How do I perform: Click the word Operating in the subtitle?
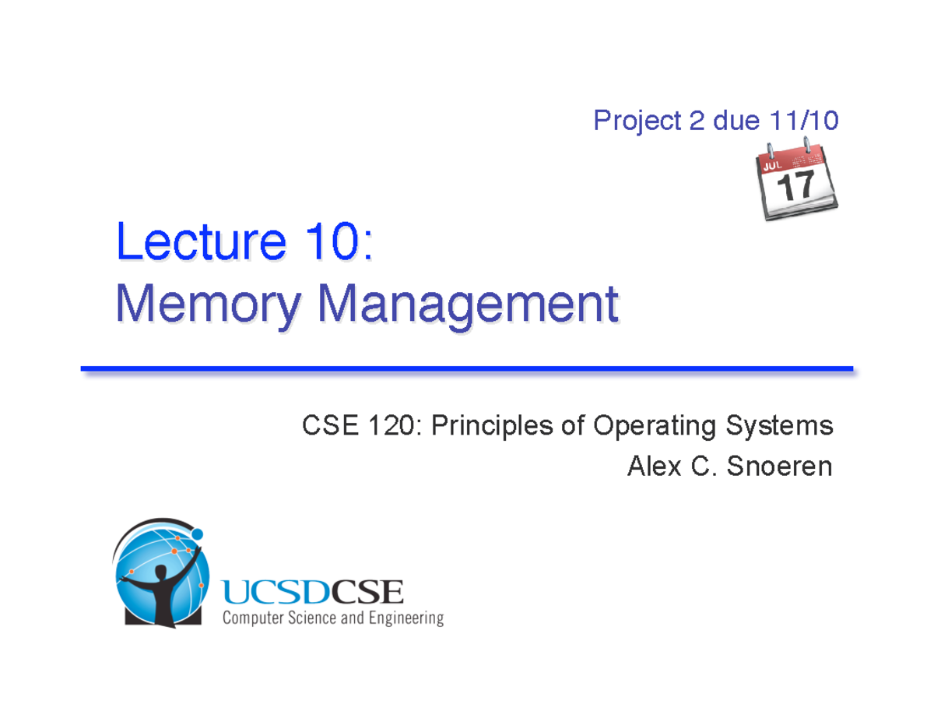coord(654,427)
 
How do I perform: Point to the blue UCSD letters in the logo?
coord(277,595)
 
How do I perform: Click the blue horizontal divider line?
coord(467,368)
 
